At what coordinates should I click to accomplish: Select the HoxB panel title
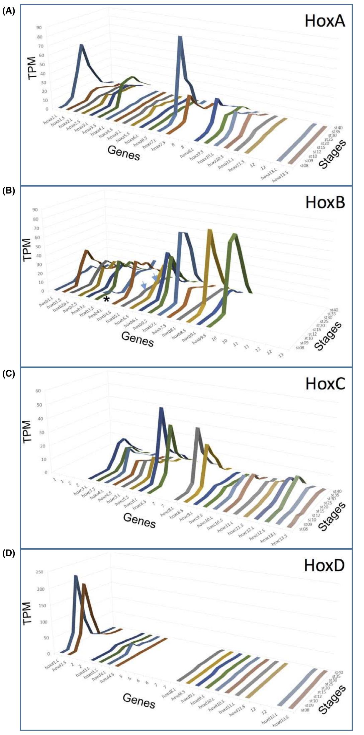[x=325, y=202]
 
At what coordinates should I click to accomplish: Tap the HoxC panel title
[x=325, y=384]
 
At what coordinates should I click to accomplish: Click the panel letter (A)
[x=8, y=12]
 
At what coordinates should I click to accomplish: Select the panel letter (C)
[x=8, y=374]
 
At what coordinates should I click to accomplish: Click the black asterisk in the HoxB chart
[x=106, y=299]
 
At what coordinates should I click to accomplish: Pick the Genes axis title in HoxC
[x=139, y=520]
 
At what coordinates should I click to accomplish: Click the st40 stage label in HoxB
[x=334, y=310]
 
